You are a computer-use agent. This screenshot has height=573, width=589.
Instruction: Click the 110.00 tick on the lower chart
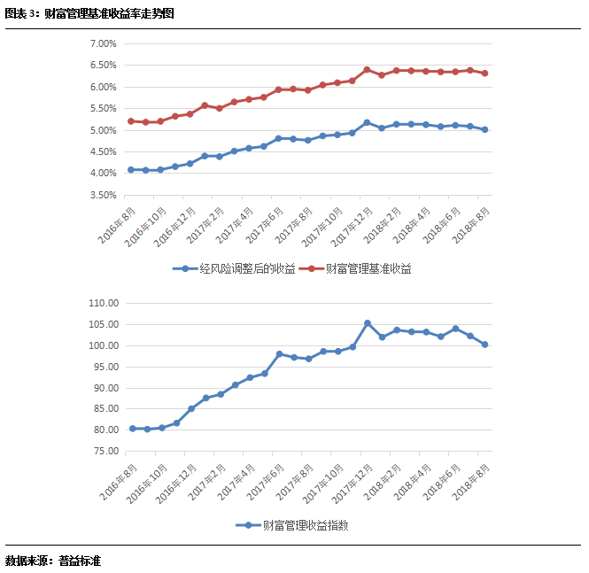(x=104, y=303)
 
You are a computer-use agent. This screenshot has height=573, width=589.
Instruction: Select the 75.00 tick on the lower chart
(x=104, y=452)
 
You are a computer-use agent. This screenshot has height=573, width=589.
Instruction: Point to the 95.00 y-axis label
(x=104, y=367)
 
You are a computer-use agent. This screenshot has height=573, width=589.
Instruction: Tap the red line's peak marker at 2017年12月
(x=367, y=69)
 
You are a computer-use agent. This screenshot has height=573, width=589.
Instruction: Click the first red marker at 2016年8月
(x=131, y=121)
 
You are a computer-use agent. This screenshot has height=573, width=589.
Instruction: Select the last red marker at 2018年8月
(x=484, y=74)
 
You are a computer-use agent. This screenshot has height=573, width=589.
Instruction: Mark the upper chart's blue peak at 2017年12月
(x=367, y=123)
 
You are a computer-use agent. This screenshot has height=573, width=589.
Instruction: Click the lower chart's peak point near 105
(x=367, y=323)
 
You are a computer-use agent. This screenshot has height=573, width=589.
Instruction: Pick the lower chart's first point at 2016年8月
(x=133, y=429)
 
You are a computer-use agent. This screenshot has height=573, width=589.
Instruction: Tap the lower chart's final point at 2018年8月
(x=484, y=345)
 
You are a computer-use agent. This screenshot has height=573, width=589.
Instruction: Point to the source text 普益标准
(x=80, y=561)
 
